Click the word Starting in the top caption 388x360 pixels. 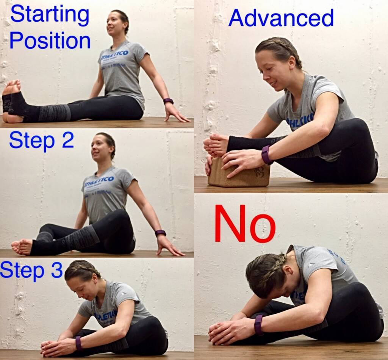50,16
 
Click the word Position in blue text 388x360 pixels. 50,41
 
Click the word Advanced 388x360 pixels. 281,18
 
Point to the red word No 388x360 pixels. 245,224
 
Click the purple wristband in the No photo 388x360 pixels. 259,325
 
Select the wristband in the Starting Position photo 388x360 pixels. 168,101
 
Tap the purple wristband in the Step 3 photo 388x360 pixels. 78,343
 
